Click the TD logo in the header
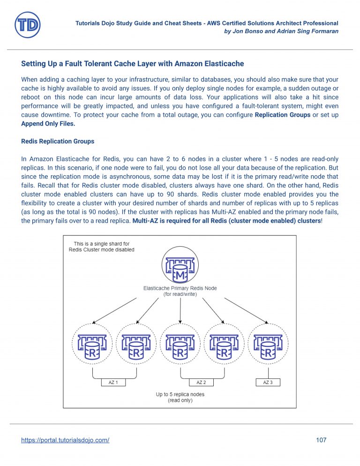point(27,25)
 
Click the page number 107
point(321,440)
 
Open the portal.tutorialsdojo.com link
point(65,440)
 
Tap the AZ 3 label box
point(268,382)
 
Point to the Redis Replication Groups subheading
point(58,141)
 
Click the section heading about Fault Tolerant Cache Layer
point(133,63)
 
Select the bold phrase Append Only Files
point(48,124)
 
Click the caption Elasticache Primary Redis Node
point(180,288)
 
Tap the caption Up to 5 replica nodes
point(180,394)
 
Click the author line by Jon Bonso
point(282,31)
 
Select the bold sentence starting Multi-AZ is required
point(226,221)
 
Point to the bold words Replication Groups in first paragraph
point(282,115)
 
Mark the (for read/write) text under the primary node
point(180,294)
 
